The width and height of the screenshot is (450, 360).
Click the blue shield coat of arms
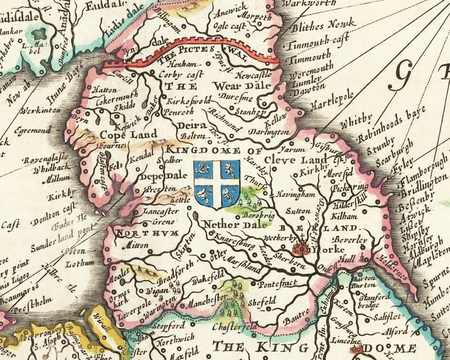pyautogui.click(x=216, y=182)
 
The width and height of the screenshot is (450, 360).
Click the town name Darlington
pyautogui.click(x=269, y=132)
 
